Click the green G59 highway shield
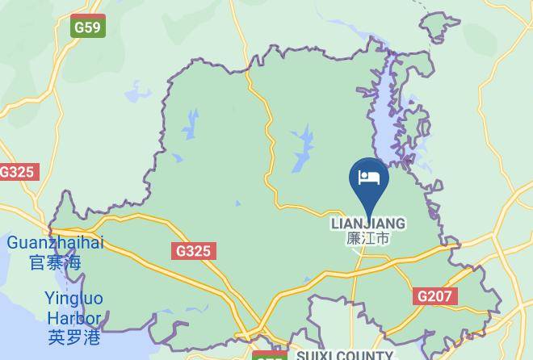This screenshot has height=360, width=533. (87, 27)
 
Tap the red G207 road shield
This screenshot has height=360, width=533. (434, 296)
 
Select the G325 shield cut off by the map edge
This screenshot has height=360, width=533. (17, 172)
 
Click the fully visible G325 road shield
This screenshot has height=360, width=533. (194, 251)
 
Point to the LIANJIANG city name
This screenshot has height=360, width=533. (368, 224)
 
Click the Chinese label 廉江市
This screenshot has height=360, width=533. (368, 239)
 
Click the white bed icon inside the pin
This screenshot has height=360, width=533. (369, 177)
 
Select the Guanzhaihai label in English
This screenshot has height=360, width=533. (56, 243)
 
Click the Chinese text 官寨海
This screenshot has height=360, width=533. (56, 262)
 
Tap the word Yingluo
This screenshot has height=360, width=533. (73, 299)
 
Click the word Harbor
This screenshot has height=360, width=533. (73, 318)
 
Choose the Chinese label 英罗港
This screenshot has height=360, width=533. (73, 337)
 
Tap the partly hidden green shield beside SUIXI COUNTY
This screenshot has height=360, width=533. (269, 355)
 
